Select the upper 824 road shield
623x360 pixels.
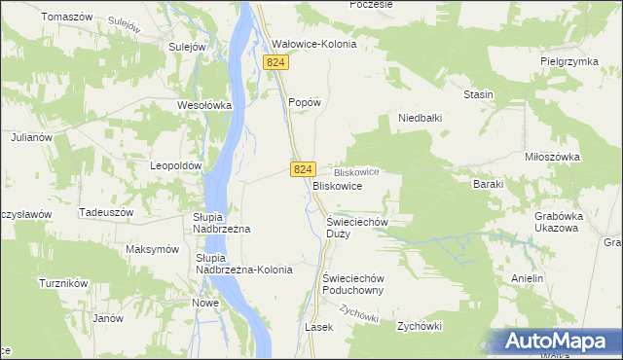point(276,62)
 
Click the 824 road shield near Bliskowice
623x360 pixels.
point(302,169)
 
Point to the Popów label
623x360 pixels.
point(305,101)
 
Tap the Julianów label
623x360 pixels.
point(31,137)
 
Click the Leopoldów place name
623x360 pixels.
point(175,165)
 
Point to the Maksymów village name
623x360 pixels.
point(153,249)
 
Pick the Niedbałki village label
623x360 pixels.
point(421,118)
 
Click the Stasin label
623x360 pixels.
point(478,94)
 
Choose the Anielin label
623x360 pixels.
point(527,277)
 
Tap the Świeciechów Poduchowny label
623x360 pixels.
point(355,283)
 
